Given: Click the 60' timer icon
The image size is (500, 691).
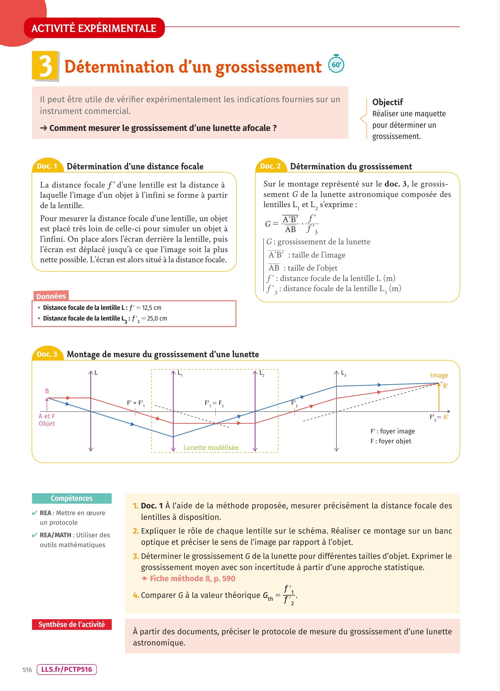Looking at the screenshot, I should point(336,64).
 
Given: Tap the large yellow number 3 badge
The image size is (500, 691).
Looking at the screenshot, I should point(45,66).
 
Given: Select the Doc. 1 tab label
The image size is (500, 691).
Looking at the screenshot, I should point(47,166).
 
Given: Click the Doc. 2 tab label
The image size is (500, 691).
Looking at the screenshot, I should point(270,166).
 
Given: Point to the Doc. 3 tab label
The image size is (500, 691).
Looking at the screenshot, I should point(47,354).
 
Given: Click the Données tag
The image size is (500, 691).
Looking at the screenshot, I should point(51,296).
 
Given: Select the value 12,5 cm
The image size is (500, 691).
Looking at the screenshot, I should point(152,308).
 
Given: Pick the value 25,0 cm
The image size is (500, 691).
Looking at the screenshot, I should point(157,318).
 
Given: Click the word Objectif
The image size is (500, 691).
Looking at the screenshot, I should point(387,102).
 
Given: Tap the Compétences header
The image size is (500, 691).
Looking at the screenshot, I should point(72,498).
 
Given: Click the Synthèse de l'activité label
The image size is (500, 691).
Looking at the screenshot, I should point(72,625).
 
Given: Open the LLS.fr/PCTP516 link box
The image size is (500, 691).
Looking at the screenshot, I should point(66,669).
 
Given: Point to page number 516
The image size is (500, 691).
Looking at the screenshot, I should point(27,670).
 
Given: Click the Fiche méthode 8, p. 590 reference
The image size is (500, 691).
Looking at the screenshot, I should point(192,579).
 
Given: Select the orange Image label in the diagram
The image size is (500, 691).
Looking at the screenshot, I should point(439,375).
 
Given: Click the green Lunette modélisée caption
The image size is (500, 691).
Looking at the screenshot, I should point(211,447).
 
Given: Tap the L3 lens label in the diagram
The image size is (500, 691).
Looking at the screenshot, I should point(343,373).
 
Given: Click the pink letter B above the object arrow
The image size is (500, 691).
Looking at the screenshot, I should point(47,391).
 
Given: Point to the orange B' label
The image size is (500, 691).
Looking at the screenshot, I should point(445,386).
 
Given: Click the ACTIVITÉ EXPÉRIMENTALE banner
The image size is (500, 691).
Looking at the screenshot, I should point(94,28).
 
